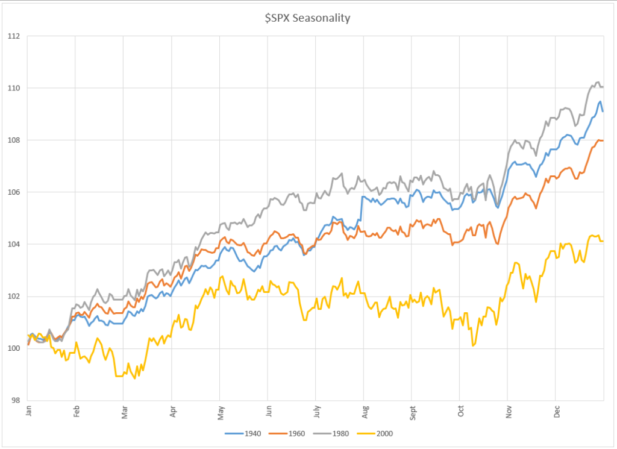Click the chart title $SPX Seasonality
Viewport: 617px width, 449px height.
pos(308,18)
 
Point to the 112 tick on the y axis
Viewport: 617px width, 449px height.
pos(14,36)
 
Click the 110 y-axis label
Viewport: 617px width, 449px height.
pos(14,88)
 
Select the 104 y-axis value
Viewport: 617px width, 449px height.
pos(14,244)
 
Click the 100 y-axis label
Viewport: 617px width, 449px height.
pos(14,348)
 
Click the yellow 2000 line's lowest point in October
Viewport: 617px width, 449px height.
pos(474,346)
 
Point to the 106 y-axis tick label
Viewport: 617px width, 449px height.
pos(14,192)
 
